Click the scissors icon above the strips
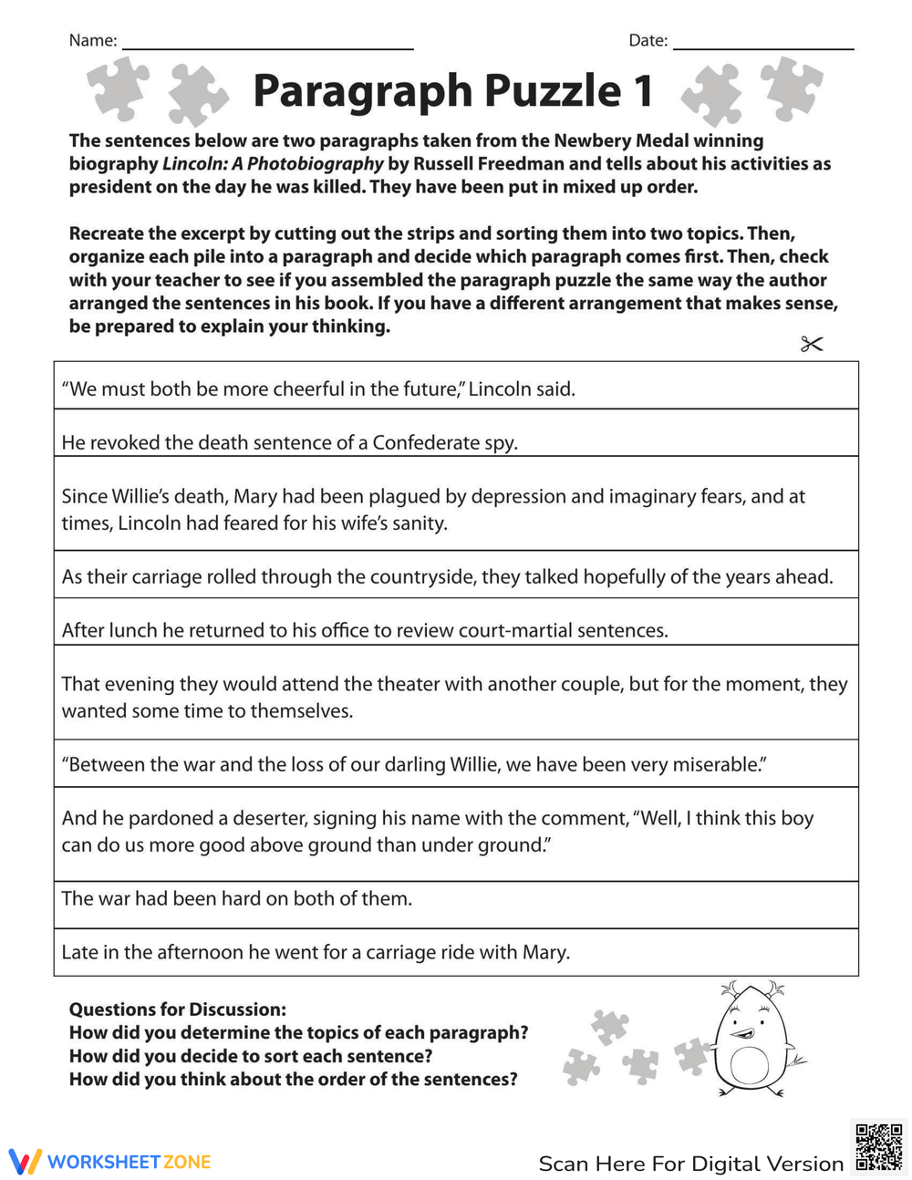pos(811,344)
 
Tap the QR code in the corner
pos(878,1147)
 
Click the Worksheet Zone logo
pos(110,1162)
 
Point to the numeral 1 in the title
pos(643,91)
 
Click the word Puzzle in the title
pos(553,91)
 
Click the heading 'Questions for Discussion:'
pos(178,1009)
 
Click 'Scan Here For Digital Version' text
pos(690,1164)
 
